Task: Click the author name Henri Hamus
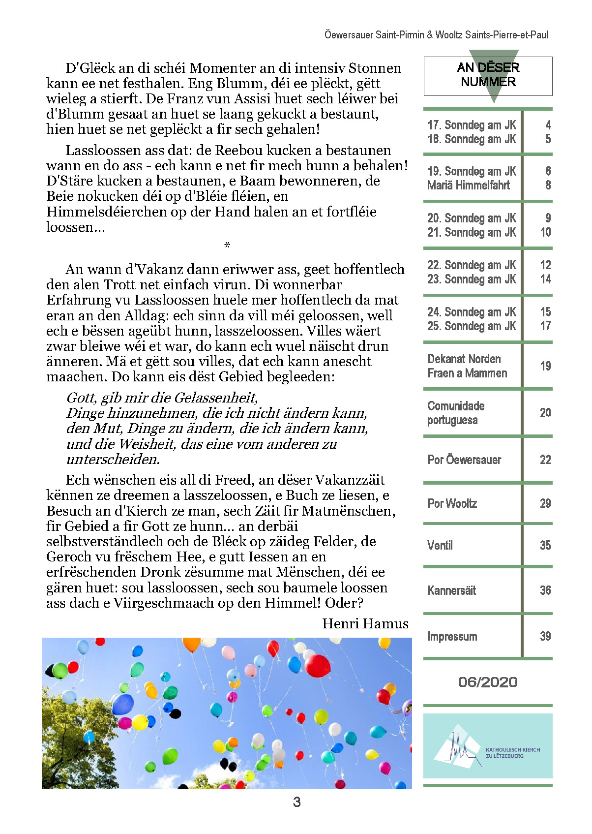tap(365, 624)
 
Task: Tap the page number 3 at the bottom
tap(296, 803)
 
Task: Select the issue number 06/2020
tap(487, 682)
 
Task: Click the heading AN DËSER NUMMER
tap(488, 75)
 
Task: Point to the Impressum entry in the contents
tap(452, 637)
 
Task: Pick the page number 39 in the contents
tap(545, 637)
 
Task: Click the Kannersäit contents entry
tap(451, 591)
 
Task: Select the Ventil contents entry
tap(440, 546)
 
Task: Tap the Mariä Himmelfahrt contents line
tap(468, 185)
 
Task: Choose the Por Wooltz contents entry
tap(452, 504)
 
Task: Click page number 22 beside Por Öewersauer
tap(545, 460)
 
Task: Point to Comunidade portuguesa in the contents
tap(455, 413)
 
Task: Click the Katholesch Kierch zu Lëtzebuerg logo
tap(487, 746)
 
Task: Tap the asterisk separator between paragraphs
tap(227, 245)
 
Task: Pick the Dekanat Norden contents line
tap(464, 359)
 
